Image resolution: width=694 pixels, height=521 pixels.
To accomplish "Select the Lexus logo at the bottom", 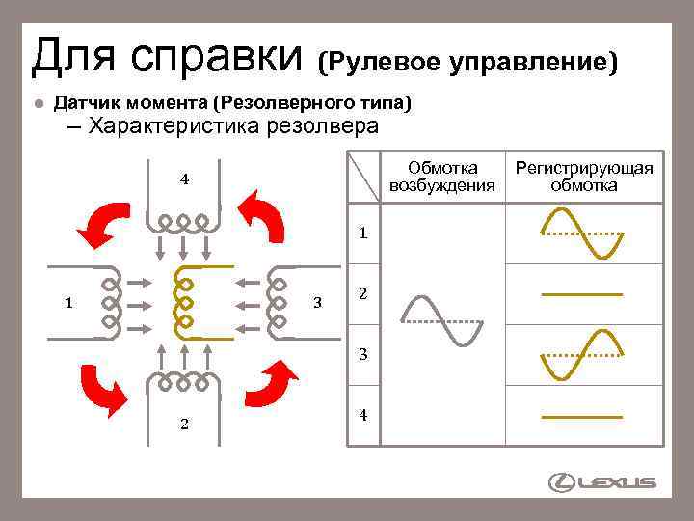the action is coord(601,481).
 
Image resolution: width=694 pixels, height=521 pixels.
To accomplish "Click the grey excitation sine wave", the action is coord(441,319).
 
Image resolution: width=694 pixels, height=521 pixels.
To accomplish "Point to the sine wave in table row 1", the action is coord(582,233).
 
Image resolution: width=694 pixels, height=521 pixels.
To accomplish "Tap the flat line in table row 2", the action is coord(582,291).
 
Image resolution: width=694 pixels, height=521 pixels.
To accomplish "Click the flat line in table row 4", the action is coord(582,416).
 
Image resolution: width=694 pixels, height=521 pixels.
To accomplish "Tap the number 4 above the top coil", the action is coord(184,179).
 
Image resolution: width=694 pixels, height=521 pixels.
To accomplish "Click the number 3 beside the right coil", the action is coord(318,302).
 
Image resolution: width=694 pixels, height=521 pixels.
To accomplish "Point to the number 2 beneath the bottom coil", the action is coord(183,424).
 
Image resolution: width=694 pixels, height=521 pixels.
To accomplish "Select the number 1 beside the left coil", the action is coord(67,302).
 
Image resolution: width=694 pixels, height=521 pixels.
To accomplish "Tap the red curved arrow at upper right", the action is coord(263,218).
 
